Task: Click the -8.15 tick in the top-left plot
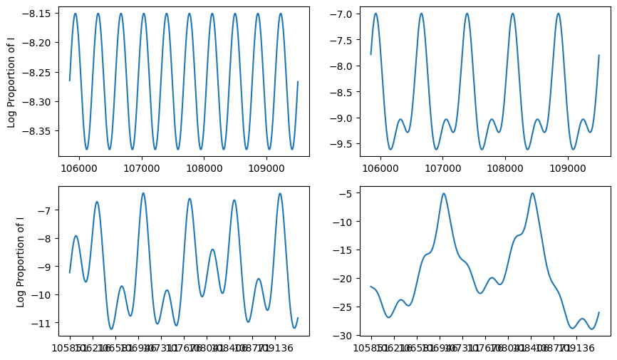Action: click(x=41, y=14)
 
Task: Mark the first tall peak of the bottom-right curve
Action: click(x=444, y=193)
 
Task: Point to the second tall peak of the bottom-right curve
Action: click(x=532, y=193)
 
